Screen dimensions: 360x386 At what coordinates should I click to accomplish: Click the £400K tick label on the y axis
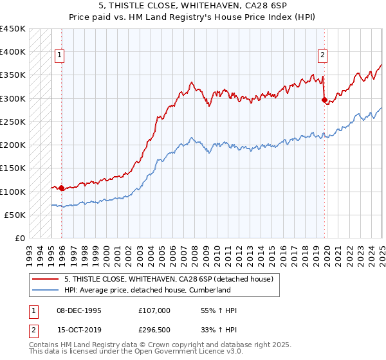pos(13,52)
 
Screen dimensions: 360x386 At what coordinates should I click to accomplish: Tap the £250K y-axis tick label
pos(13,122)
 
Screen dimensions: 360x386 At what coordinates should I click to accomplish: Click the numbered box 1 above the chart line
pos(59,55)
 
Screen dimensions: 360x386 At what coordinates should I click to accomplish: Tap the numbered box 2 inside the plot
pos(322,55)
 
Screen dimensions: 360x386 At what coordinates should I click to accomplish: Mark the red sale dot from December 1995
pos(62,188)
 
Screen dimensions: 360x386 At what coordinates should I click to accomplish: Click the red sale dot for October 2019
pos(324,100)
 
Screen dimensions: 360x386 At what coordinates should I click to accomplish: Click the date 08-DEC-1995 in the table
pos(79,310)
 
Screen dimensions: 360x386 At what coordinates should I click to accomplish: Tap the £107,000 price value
pos(154,310)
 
